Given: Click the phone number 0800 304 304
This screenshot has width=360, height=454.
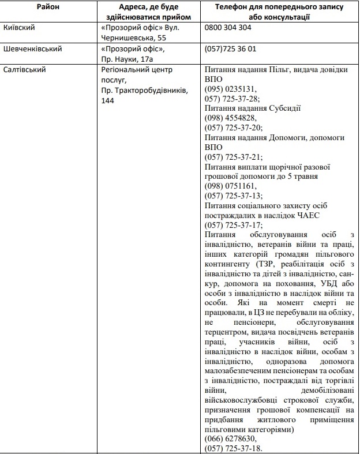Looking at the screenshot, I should tap(228, 28).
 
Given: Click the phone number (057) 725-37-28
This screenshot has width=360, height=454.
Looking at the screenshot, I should tap(232, 99).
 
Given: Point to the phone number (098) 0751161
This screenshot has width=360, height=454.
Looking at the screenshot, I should tap(231, 186).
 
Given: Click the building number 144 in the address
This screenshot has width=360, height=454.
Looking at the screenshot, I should tap(107, 100).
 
